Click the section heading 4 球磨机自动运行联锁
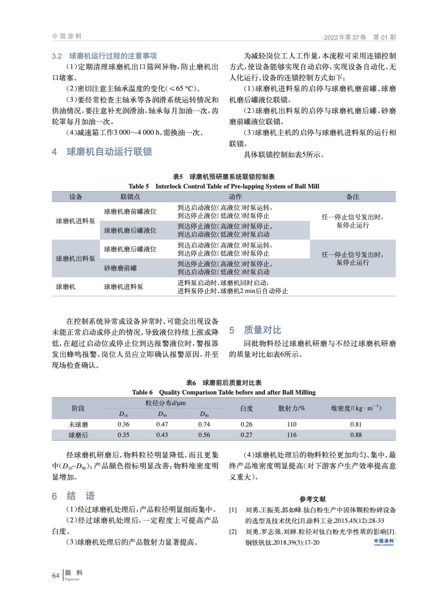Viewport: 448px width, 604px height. pyautogui.click(x=102, y=152)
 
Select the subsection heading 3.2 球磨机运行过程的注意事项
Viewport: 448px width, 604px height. pyautogui.click(x=104, y=56)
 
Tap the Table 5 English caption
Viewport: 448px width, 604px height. pyautogui.click(x=223, y=186)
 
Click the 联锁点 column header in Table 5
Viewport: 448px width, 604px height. pyautogui.click(x=130, y=197)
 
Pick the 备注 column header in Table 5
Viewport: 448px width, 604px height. pyautogui.click(x=353, y=197)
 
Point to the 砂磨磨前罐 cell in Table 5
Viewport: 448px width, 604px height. pyautogui.click(x=120, y=268)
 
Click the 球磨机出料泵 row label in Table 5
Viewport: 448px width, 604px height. pyautogui.click(x=75, y=259)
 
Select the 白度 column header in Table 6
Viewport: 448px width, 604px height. pyautogui.click(x=246, y=408)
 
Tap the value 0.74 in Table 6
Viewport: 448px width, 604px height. pyautogui.click(x=204, y=424)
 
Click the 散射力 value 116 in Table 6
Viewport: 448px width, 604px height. pyautogui.click(x=291, y=435)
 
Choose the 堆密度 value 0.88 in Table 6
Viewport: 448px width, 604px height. pyautogui.click(x=356, y=435)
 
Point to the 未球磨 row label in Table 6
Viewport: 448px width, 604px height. pyautogui.click(x=78, y=424)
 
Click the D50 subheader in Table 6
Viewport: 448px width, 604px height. pyautogui.click(x=162, y=414)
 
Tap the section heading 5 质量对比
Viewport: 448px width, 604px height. pyautogui.click(x=256, y=330)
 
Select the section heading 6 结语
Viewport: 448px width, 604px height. pyautogui.click(x=73, y=496)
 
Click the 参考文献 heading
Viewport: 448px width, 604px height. pyautogui.click(x=313, y=499)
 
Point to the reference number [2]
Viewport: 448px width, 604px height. pyautogui.click(x=233, y=532)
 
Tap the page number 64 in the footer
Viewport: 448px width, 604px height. pyautogui.click(x=55, y=575)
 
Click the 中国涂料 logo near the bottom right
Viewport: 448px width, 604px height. pyautogui.click(x=383, y=542)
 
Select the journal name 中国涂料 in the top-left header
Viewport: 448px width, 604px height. pyautogui.click(x=67, y=36)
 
